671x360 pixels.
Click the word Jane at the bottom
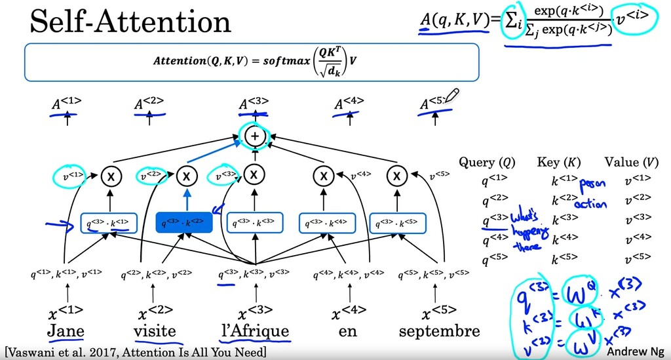66,330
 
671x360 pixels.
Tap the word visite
155,330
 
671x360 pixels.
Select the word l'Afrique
254,330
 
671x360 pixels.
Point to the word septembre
440,330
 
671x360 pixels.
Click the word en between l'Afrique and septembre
348,330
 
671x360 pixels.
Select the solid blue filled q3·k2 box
183,224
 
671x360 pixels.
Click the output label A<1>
67,103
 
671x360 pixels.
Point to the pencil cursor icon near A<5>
452,96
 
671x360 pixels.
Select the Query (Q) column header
486,162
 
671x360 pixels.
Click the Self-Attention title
121,22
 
